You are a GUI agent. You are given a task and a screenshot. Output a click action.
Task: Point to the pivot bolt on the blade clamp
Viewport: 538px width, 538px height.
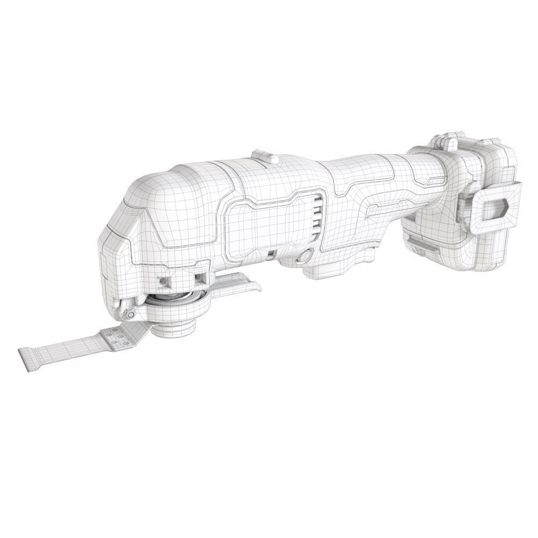tap(130, 314)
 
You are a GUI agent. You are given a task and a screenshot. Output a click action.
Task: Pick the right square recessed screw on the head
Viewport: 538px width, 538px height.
tap(200, 278)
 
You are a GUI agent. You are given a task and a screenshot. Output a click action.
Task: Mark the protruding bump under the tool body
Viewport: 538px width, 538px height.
tap(334, 269)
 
